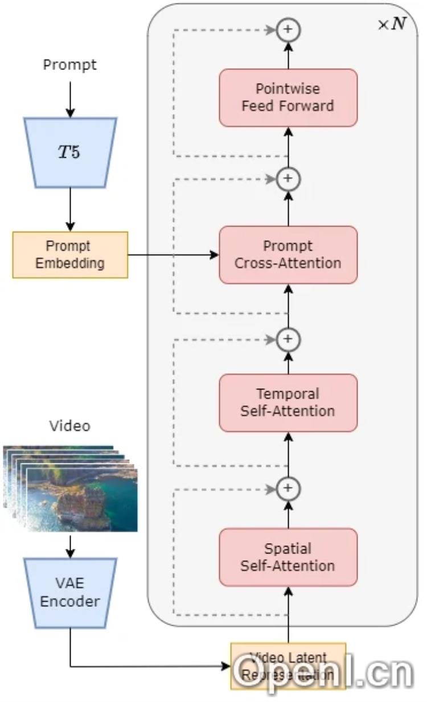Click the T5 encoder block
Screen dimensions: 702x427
(70, 153)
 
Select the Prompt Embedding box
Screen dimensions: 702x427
(70, 254)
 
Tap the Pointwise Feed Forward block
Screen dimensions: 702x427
(288, 97)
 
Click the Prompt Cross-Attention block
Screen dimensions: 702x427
(288, 254)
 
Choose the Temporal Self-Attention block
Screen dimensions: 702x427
(288, 402)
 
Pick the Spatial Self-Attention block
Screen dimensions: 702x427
(288, 557)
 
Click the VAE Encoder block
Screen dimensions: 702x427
(70, 593)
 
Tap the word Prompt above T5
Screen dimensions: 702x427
(70, 65)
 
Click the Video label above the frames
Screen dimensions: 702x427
(70, 426)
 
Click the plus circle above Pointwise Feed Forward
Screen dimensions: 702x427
(288, 30)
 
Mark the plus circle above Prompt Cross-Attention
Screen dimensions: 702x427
(288, 179)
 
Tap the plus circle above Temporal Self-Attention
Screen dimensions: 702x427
(288, 339)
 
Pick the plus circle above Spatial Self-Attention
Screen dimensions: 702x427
(288, 488)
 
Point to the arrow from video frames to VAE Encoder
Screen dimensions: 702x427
(70, 545)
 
